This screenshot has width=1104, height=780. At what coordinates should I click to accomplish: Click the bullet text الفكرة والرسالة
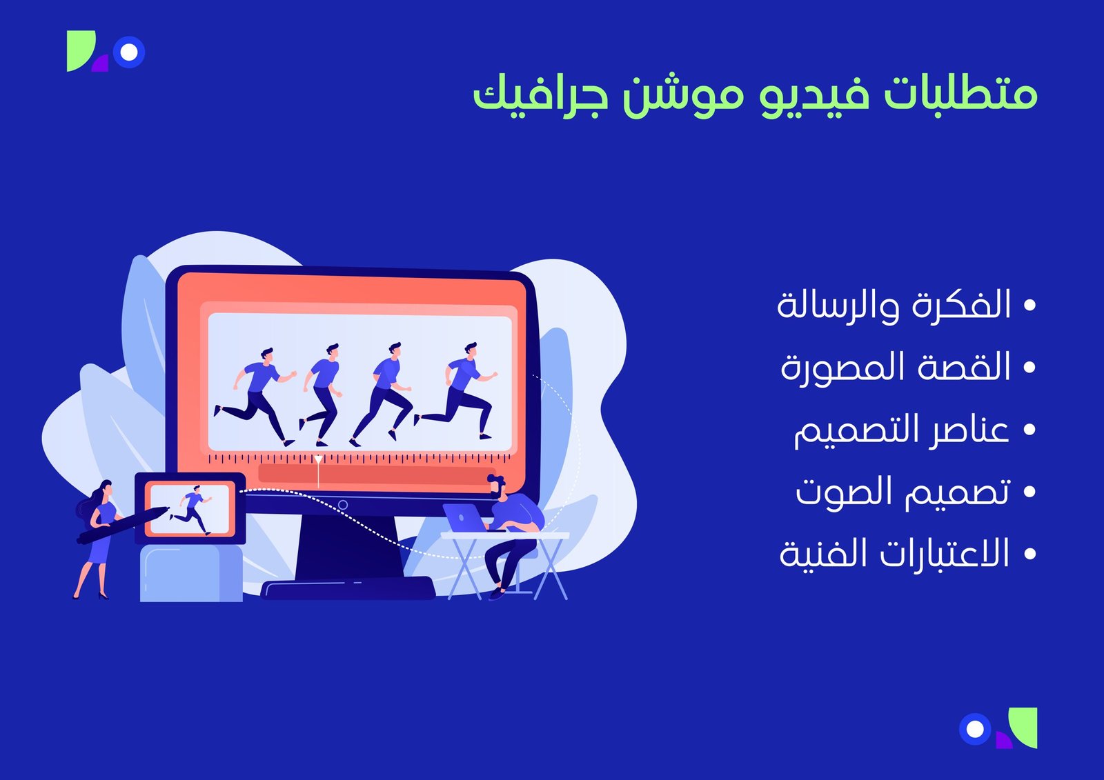(x=894, y=306)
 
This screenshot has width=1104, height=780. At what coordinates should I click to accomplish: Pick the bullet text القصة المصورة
(x=896, y=368)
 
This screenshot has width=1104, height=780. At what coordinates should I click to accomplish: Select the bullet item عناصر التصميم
(x=901, y=430)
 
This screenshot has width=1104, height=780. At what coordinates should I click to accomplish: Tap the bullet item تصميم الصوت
(x=903, y=492)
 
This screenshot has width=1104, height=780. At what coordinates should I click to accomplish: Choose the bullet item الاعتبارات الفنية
(x=894, y=554)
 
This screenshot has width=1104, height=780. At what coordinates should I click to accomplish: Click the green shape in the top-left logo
(x=79, y=50)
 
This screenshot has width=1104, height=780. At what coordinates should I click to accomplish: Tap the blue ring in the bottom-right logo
(x=975, y=729)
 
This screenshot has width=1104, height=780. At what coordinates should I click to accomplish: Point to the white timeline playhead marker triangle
(x=318, y=459)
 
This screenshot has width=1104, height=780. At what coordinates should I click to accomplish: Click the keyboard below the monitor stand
(x=348, y=588)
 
